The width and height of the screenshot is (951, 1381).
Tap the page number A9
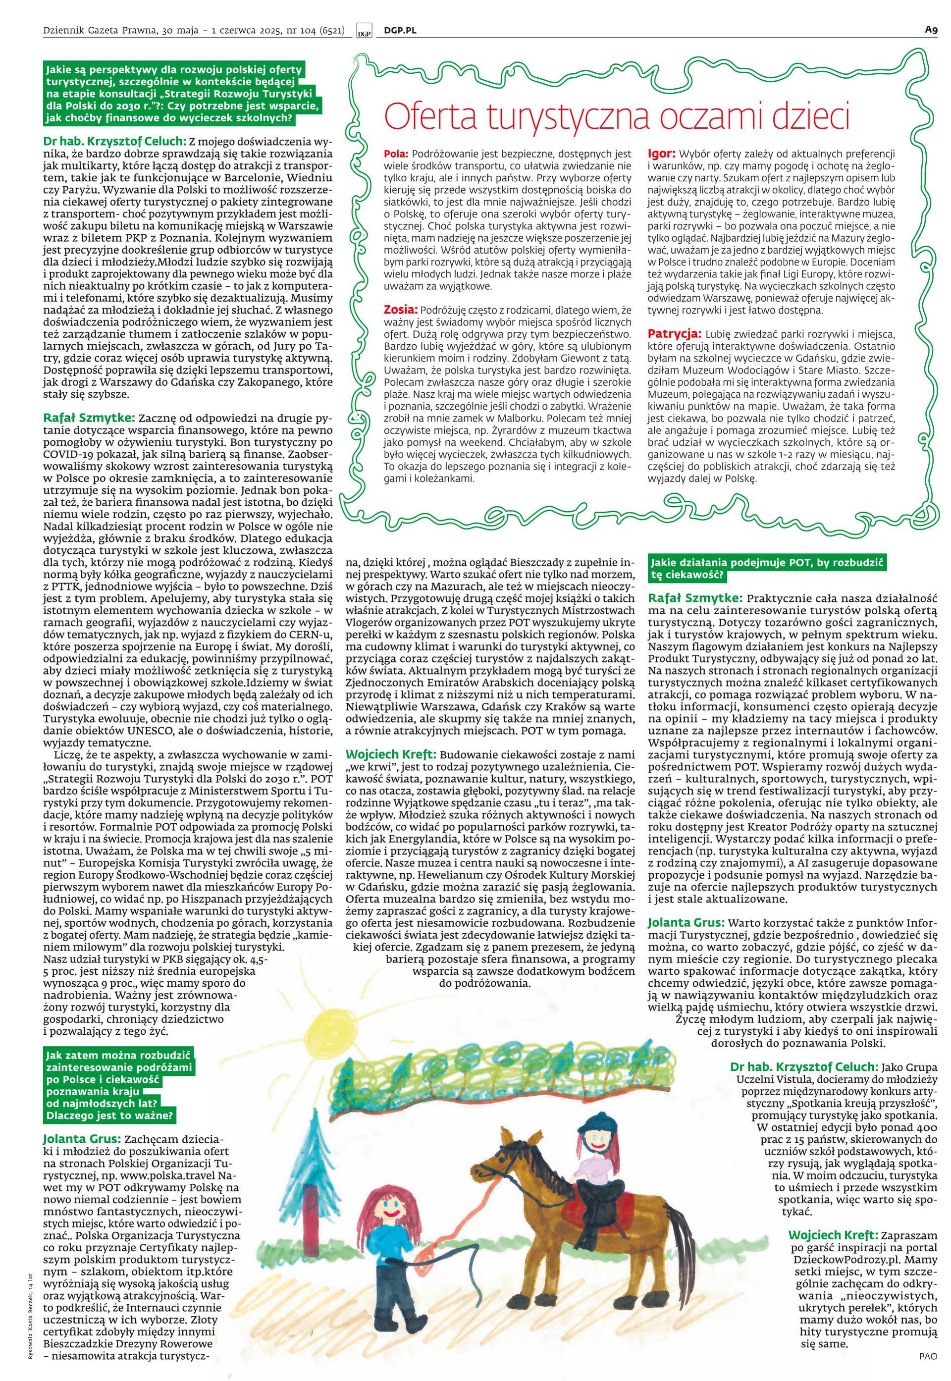tap(931, 29)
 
